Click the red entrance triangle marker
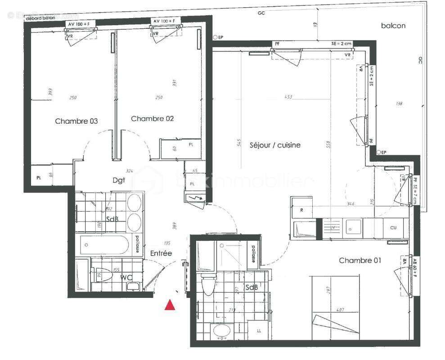[x=170, y=305]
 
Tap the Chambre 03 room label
[x=76, y=121]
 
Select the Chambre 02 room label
[x=152, y=119]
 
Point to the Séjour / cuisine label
[x=274, y=145]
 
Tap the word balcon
[x=393, y=26]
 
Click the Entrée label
[x=161, y=253]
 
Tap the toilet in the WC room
[x=103, y=275]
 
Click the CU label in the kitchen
[x=393, y=228]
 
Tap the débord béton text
[x=44, y=18]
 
